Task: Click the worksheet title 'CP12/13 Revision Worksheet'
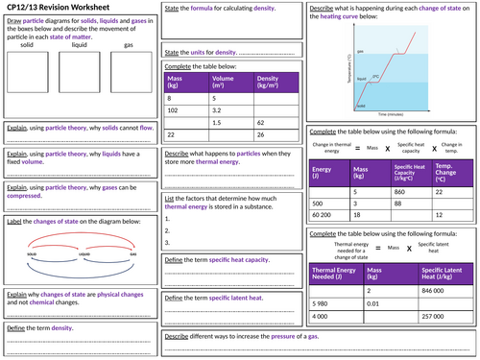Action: click(62, 9)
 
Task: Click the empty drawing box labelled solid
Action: click(30, 69)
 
